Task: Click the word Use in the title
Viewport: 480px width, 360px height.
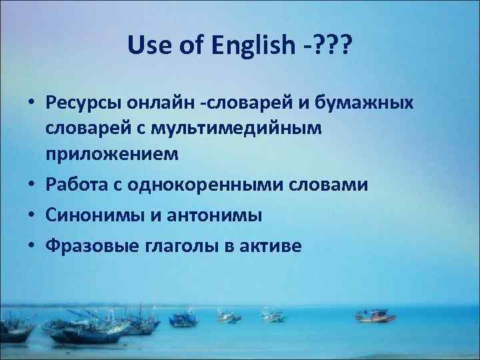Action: [x=143, y=46]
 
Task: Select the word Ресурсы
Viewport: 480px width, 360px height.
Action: [x=84, y=105]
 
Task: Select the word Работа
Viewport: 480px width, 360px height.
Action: [x=75, y=184]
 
